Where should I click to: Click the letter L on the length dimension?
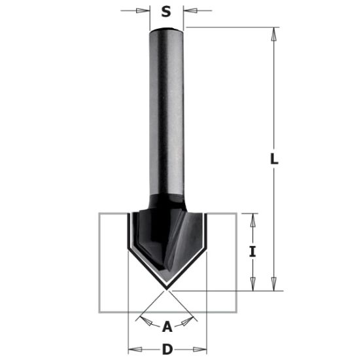tap(275, 159)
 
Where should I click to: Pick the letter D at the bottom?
tap(167, 350)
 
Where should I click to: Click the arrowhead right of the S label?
tap(188, 10)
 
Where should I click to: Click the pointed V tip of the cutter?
tap(167, 287)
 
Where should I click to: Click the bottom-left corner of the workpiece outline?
tap(99, 311)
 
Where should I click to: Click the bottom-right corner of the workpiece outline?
tap(237, 311)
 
